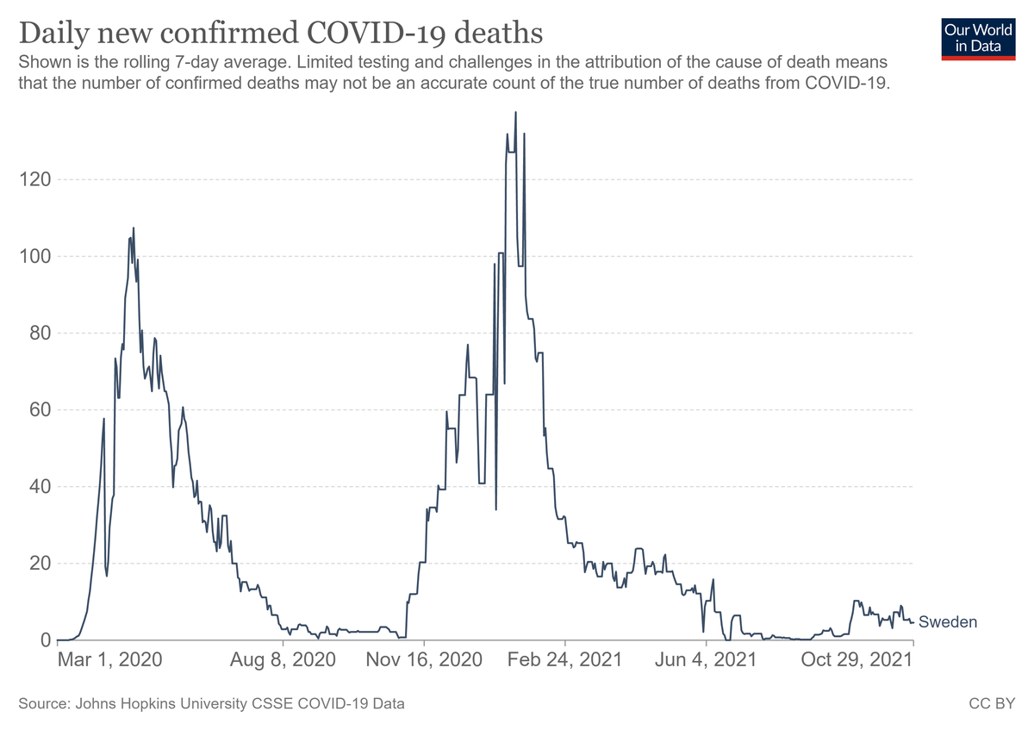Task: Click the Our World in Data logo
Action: [978, 40]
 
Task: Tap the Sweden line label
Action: [948, 622]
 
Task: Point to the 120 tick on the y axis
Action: [34, 179]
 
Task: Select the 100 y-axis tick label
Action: [34, 256]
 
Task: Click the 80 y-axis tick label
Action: [40, 333]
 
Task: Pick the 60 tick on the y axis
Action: [40, 409]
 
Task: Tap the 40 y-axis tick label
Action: [40, 487]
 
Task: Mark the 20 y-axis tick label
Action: [40, 564]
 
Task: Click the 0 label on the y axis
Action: [46, 640]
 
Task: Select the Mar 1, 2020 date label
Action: [110, 660]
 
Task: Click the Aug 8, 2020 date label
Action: [283, 660]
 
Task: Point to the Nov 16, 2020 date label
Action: [424, 660]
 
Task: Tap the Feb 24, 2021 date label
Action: [565, 660]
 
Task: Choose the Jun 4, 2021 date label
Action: [706, 660]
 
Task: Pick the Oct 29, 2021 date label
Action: [856, 660]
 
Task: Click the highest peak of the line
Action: [515, 112]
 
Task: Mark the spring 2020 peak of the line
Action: [134, 228]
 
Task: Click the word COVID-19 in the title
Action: [376, 34]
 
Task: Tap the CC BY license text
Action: [992, 703]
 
